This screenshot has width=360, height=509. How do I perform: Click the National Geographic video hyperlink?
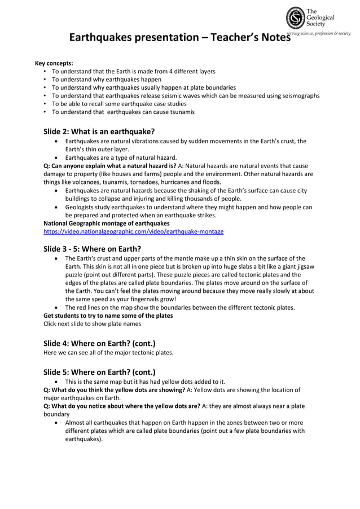pyautogui.click(x=134, y=232)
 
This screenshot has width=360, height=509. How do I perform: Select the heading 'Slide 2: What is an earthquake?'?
pyautogui.click(x=99, y=131)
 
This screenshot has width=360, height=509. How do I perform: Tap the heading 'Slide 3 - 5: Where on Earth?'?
pyautogui.click(x=92, y=248)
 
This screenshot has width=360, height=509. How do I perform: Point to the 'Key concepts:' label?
pyautogui.click(x=54, y=63)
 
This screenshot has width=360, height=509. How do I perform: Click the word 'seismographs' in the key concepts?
pyautogui.click(x=300, y=95)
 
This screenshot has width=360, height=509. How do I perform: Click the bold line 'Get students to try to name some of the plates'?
pyautogui.click(x=108, y=315)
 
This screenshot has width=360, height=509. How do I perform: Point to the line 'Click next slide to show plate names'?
pyautogui.click(x=93, y=324)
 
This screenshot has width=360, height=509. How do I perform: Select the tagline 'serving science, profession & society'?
pyautogui.click(x=318, y=34)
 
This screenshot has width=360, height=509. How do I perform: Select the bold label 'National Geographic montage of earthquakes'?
pyautogui.click(x=107, y=223)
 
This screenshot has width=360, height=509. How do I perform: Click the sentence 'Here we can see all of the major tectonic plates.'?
pyautogui.click(x=108, y=353)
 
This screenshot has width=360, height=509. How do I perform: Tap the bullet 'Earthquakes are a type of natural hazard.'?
pyautogui.click(x=121, y=157)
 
